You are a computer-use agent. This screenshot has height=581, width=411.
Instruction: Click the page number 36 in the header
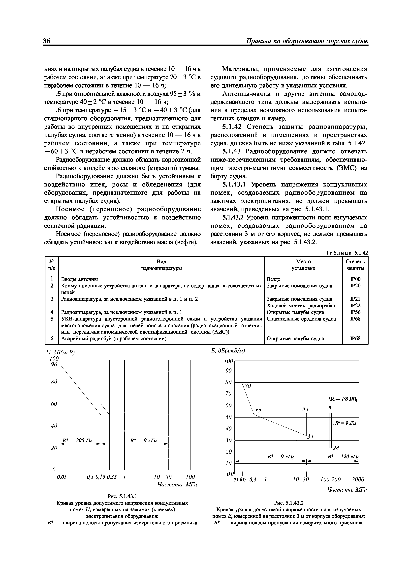pyautogui.click(x=47, y=41)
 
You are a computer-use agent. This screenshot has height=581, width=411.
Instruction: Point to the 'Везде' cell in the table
pyautogui.click(x=274, y=279)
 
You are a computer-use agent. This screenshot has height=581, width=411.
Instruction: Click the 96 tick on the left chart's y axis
pyautogui.click(x=54, y=364)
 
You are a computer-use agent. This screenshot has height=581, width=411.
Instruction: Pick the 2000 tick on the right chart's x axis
pyautogui.click(x=358, y=479)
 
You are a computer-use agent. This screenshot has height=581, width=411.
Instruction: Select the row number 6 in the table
pyautogui.click(x=52, y=338)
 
